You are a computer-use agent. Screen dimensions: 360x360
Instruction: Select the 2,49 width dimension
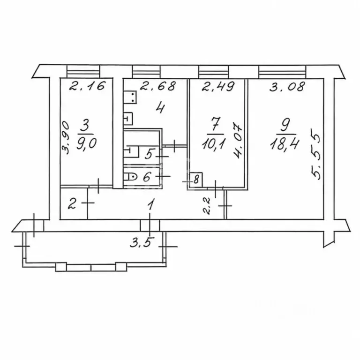click(218, 86)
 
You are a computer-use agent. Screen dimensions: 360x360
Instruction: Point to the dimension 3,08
click(287, 86)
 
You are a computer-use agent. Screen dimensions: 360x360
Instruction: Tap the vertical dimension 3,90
click(66, 137)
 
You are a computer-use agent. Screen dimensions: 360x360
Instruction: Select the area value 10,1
click(214, 145)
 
